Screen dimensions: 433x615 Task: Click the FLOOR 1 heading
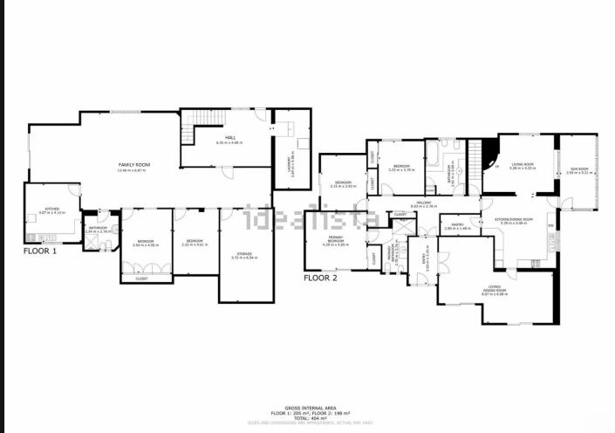40,251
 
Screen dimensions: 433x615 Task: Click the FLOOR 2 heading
319,278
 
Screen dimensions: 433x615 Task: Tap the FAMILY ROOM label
135,164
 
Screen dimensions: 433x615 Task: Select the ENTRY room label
425,258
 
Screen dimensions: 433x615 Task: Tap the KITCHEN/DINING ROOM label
513,220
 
